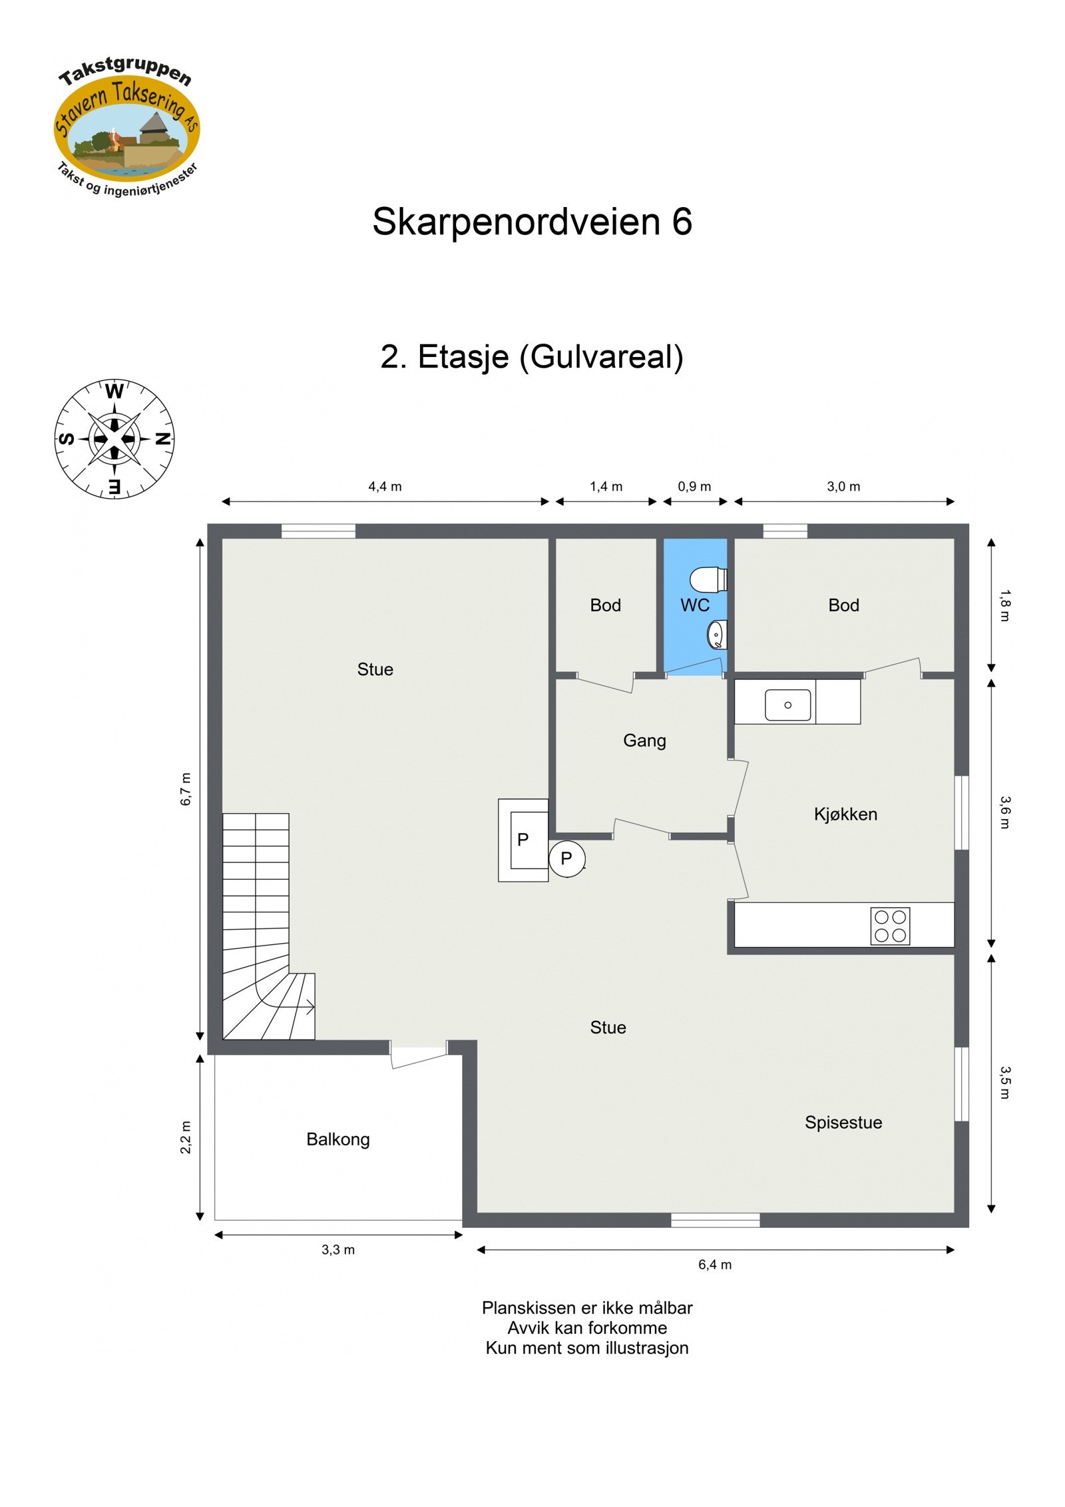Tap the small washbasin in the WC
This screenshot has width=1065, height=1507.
point(716,634)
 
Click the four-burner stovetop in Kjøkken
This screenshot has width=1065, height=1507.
point(889,926)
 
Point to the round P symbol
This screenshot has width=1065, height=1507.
point(566,859)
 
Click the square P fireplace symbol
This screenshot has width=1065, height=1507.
point(523,840)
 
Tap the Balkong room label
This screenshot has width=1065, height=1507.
point(337,1139)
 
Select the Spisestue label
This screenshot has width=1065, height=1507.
point(843,1123)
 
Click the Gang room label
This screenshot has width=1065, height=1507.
point(644,741)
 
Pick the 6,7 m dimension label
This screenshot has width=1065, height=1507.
point(186,789)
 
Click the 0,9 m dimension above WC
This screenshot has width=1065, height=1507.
point(694,487)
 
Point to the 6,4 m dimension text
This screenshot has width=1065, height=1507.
point(714,1265)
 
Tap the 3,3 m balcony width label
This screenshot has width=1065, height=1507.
point(337,1250)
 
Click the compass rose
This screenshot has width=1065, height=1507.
point(114,439)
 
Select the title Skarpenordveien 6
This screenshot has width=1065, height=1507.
point(532,222)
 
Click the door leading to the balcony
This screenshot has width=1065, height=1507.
point(418,1057)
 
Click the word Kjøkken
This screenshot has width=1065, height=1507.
point(845,814)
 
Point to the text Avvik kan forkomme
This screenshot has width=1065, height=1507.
point(586,1328)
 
